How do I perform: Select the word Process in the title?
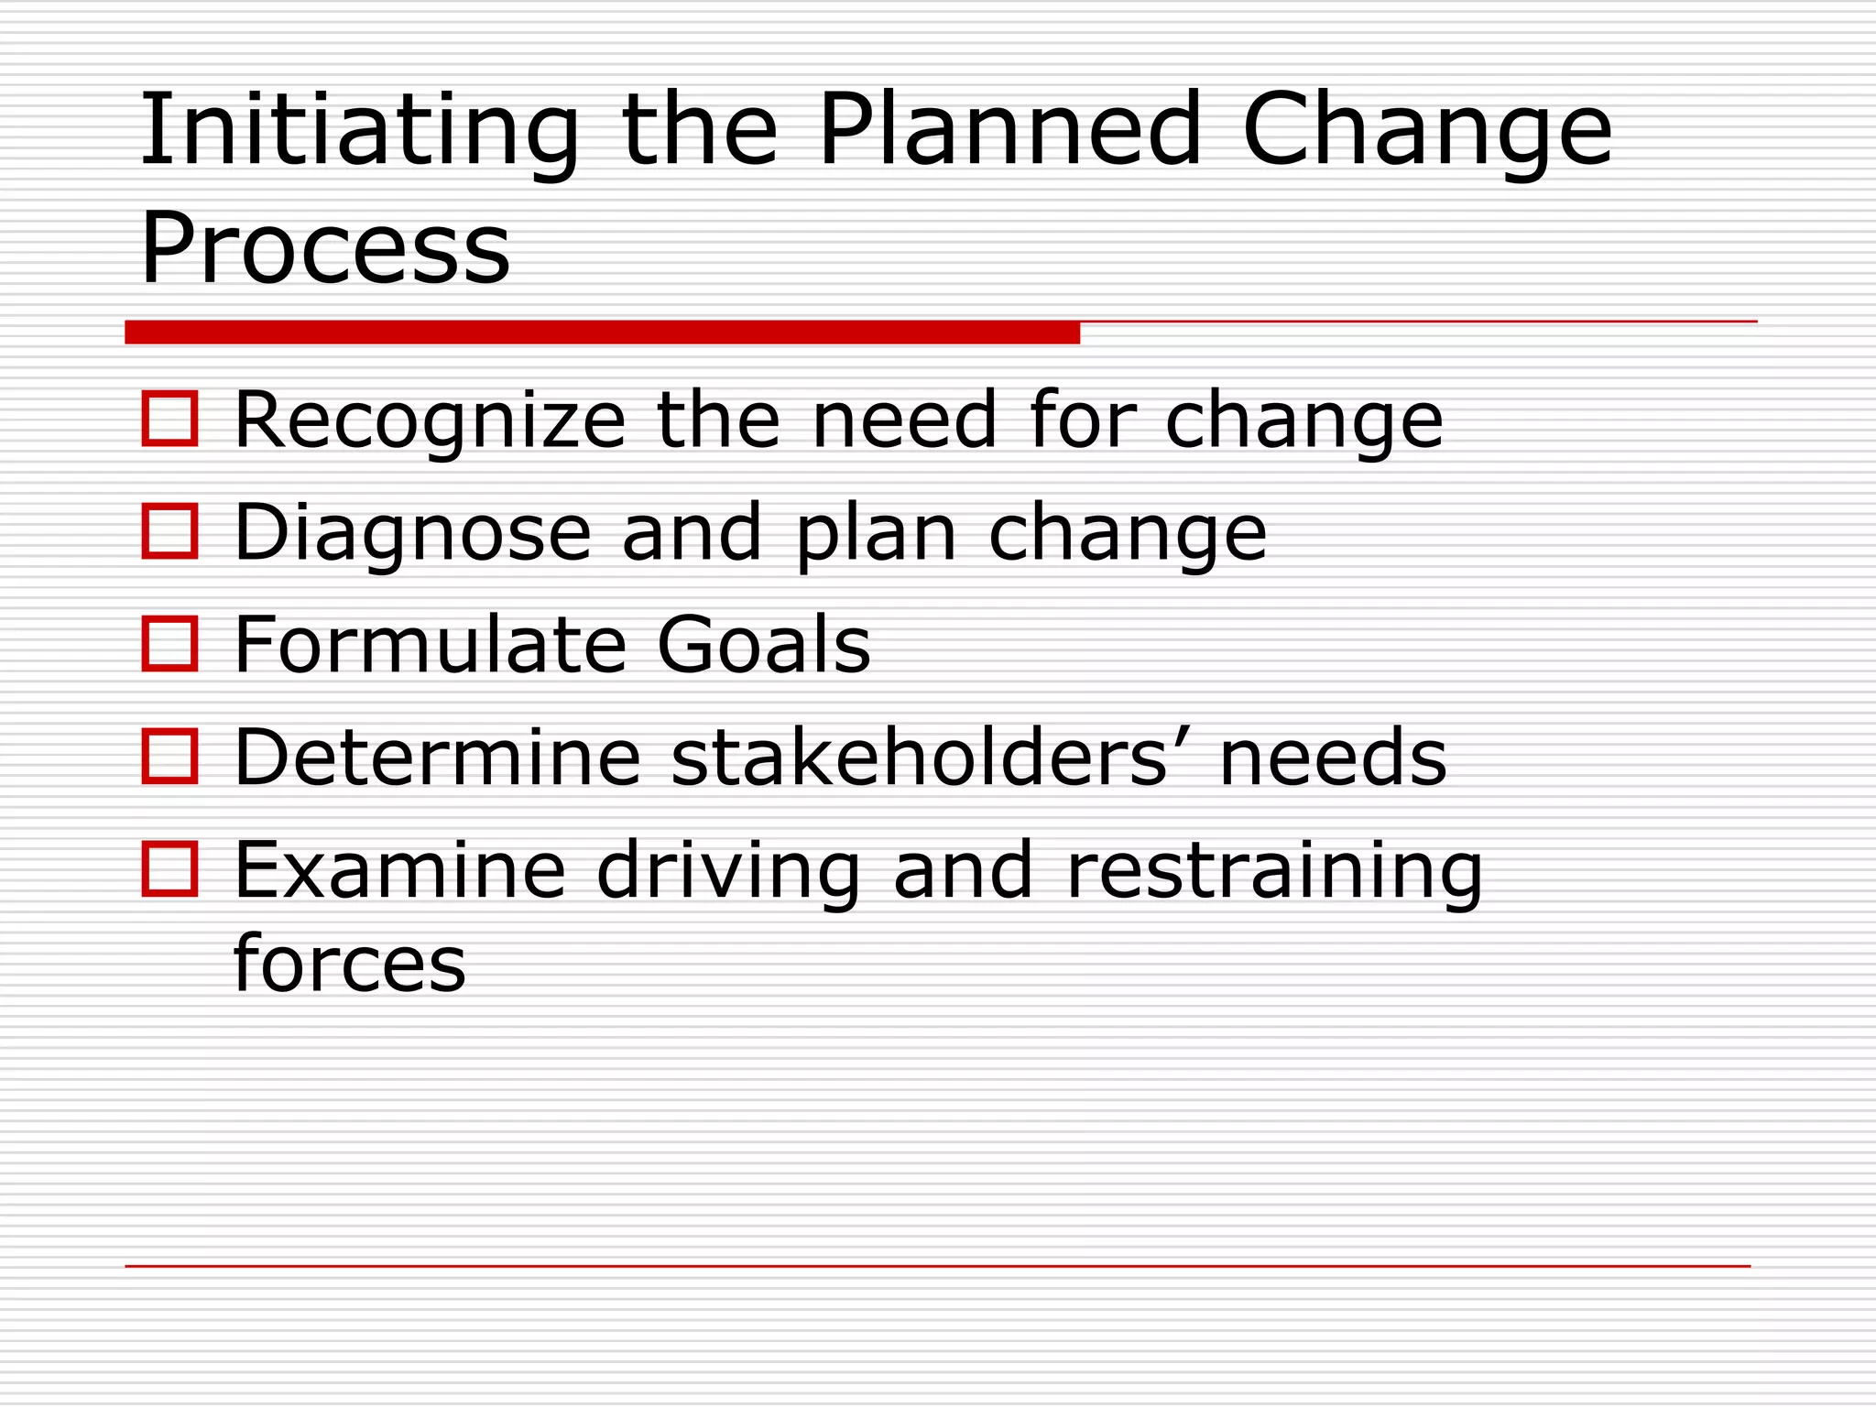pos(325,247)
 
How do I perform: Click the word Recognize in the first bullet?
pos(430,420)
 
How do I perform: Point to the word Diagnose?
pos(412,533)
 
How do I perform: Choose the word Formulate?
pos(430,645)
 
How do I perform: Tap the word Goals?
pos(764,645)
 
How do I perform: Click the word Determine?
pos(437,758)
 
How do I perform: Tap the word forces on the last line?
pos(350,964)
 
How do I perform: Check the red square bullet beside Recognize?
pos(170,419)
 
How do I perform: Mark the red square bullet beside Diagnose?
pos(170,531)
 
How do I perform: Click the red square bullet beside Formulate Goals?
pos(170,643)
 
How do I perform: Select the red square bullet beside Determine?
pos(170,756)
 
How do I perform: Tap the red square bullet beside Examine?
pos(170,868)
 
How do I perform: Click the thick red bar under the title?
pos(602,332)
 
